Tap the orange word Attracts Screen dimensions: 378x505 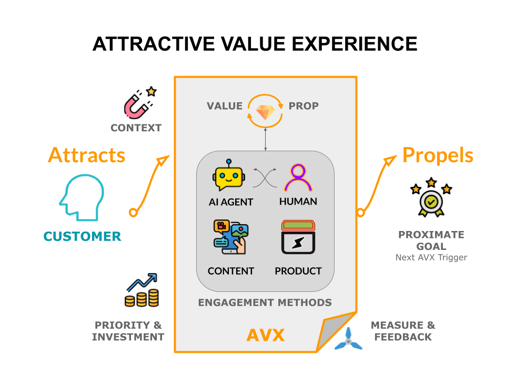[x=87, y=155]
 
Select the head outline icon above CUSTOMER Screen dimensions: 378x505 [x=82, y=198]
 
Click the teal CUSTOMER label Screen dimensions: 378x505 [x=82, y=236]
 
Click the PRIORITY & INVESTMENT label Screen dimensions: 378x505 [x=128, y=331]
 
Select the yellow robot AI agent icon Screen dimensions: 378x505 [x=230, y=176]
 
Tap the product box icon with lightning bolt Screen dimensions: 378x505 [x=298, y=237]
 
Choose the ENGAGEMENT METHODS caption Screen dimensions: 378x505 [x=265, y=302]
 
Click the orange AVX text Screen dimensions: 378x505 [x=266, y=334]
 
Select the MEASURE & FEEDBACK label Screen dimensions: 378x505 [x=403, y=331]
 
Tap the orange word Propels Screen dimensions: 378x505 [x=438, y=155]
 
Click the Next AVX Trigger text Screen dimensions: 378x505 [x=431, y=258]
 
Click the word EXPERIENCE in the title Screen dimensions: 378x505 [x=351, y=44]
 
